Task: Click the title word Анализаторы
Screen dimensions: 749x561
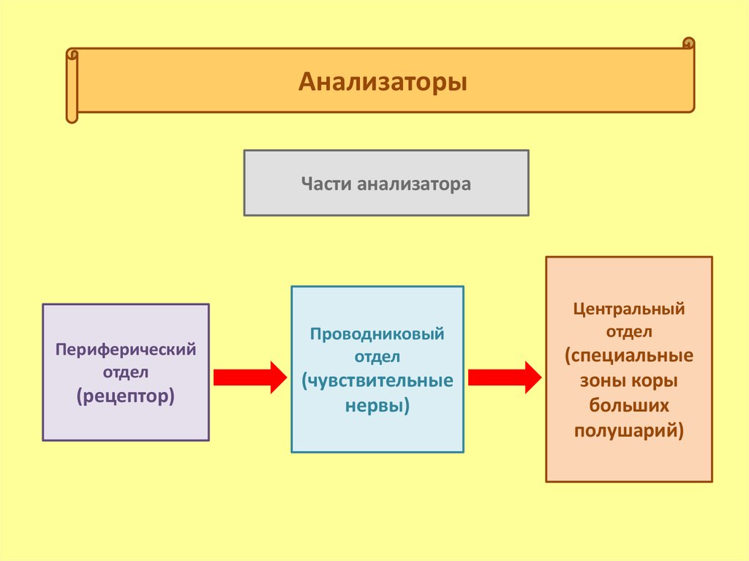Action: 383,82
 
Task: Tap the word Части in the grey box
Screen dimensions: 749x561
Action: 326,184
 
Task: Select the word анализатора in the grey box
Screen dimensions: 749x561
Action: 414,184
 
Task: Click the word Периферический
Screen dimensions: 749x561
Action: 126,350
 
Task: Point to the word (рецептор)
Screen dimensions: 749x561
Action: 126,396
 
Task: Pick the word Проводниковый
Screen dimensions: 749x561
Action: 377,334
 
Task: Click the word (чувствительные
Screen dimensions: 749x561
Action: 377,381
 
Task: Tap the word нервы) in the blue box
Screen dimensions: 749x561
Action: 377,406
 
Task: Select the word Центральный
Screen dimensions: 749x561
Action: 629,309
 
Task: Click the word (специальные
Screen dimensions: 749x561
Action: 629,356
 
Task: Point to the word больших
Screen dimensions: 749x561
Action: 629,405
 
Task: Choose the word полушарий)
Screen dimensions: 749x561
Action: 629,431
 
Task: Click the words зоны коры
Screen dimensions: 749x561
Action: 629,381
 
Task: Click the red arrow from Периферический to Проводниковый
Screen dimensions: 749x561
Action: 250,377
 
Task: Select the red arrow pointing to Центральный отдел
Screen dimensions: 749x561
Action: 505,377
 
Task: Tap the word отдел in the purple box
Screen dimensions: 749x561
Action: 126,373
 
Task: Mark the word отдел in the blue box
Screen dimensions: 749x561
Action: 377,357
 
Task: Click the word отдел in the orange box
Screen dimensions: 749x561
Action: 629,332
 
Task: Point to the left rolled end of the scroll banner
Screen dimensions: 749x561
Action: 72,86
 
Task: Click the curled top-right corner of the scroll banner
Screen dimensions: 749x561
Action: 688,43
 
